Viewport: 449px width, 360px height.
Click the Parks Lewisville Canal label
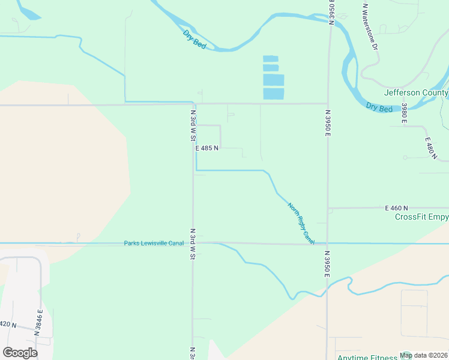(154, 243)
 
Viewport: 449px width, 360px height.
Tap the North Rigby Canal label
(301, 223)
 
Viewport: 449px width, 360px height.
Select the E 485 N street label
(206, 148)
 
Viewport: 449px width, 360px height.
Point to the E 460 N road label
(396, 208)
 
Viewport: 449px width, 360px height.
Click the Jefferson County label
(416, 93)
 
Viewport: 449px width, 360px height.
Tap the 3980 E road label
(405, 113)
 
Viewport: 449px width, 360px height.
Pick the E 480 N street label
(430, 148)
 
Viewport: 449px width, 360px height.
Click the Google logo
(20, 353)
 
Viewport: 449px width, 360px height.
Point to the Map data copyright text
(423, 355)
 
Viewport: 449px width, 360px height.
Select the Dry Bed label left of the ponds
(194, 39)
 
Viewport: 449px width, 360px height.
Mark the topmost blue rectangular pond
(271, 58)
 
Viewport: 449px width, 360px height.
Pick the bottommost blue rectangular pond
(274, 94)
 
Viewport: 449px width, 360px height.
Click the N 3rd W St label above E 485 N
(193, 125)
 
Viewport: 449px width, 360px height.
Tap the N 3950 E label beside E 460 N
(328, 123)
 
